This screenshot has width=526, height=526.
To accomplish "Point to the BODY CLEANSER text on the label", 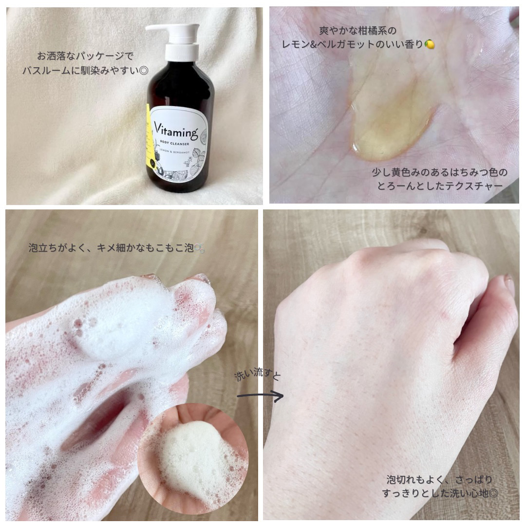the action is (174, 144).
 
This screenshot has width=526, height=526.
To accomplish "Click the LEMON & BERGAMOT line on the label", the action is (174, 152).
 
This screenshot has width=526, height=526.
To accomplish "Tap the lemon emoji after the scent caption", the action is (430, 44).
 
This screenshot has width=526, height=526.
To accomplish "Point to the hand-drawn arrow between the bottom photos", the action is (260, 396).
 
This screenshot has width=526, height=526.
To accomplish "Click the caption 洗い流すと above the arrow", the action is (258, 375).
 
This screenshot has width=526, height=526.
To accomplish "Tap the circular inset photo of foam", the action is (193, 458).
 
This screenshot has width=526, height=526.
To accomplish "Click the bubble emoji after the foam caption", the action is (199, 248).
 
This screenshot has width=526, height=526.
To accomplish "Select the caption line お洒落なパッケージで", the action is (85, 56).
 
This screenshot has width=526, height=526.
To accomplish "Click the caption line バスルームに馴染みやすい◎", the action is (85, 71).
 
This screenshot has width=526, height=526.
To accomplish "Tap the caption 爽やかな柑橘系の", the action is (358, 31).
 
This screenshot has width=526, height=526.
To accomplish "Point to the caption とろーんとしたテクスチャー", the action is (440, 186).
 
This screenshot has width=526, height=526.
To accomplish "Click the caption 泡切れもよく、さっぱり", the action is (439, 479).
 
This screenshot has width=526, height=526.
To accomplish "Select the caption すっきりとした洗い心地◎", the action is (439, 493).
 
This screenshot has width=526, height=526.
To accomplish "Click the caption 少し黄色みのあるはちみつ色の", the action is (440, 172).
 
